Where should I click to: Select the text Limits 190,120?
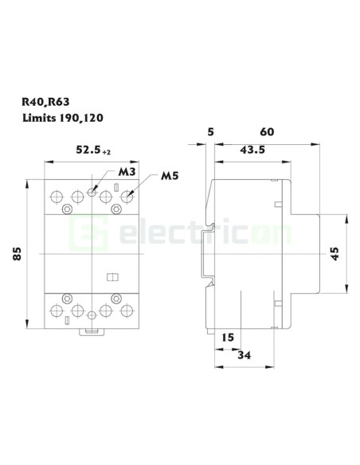click(67, 118)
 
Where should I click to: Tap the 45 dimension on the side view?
click(335, 254)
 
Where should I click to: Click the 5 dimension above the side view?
click(209, 131)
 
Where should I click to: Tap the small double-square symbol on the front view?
click(112, 276)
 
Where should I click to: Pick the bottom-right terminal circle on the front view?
click(126, 311)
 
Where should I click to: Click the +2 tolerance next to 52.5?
click(108, 150)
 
